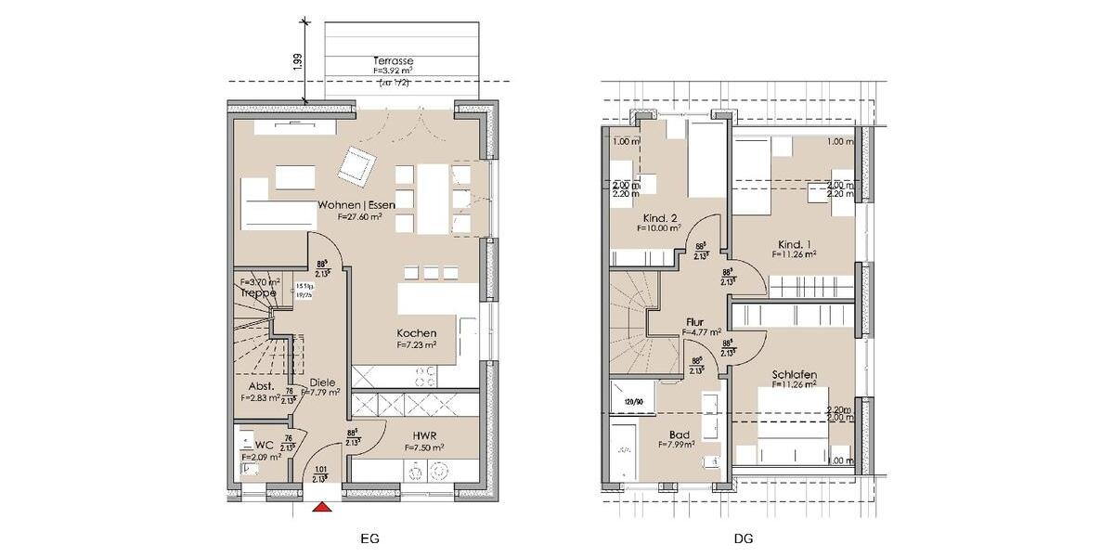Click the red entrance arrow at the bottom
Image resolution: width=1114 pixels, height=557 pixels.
(x=322, y=507)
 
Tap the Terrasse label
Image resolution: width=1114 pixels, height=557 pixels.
(x=395, y=60)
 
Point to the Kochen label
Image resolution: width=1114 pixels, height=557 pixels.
(x=416, y=333)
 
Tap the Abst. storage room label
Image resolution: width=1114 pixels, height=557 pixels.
(x=259, y=387)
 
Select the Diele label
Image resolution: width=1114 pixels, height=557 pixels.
(x=322, y=382)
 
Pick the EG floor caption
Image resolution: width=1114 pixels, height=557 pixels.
(x=369, y=538)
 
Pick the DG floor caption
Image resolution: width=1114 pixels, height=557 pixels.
(x=744, y=538)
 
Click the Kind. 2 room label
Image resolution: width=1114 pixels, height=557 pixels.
(x=658, y=216)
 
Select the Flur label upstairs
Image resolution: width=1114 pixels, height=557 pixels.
(x=694, y=321)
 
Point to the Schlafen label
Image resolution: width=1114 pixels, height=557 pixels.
(x=794, y=374)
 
